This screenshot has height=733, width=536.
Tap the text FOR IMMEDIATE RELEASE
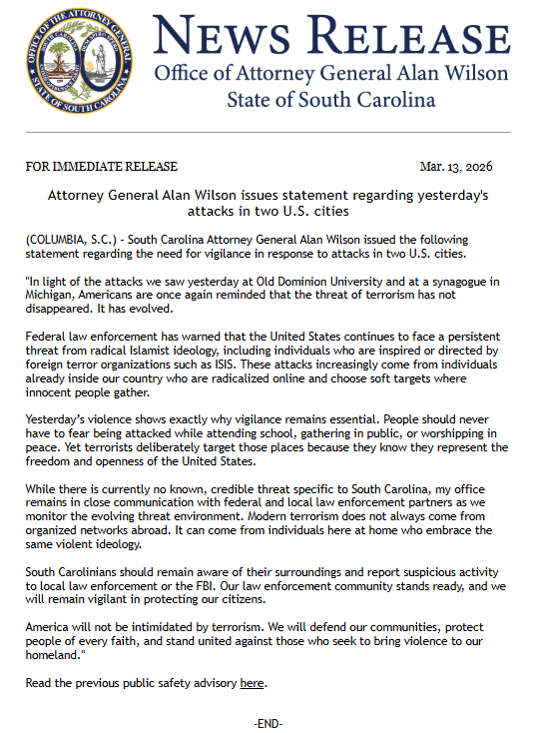tap(102, 167)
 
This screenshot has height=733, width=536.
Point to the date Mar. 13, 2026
tap(456, 167)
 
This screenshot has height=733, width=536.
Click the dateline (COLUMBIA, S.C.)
tap(73, 243)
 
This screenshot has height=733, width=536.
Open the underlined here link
tap(252, 683)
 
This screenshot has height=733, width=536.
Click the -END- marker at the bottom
tap(268, 721)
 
